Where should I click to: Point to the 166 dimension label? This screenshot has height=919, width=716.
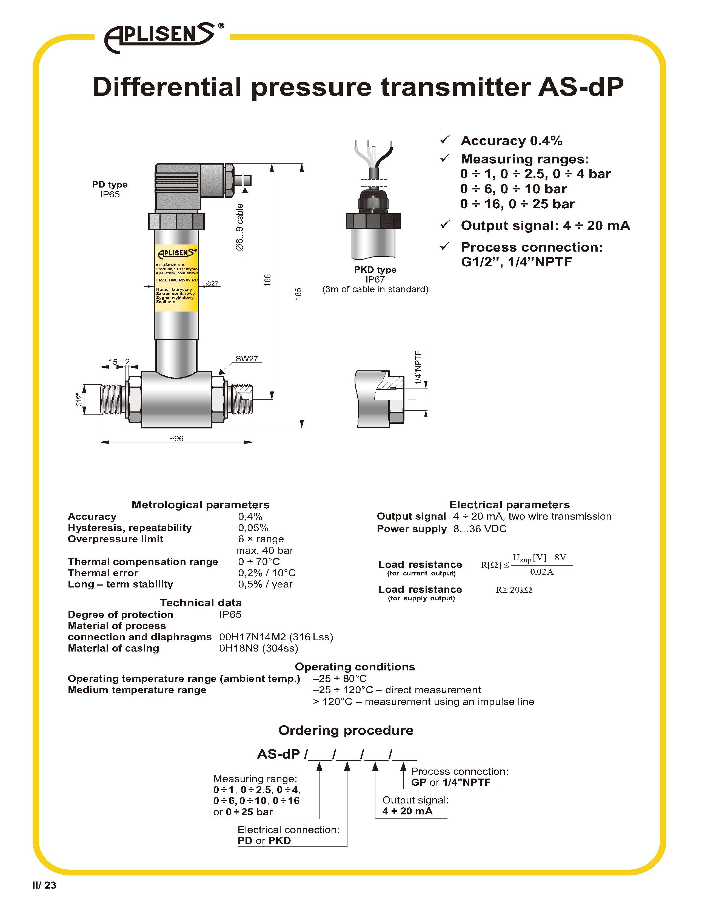[267, 280]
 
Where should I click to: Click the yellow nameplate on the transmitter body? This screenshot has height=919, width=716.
[176, 278]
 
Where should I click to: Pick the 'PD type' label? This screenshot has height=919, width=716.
[110, 184]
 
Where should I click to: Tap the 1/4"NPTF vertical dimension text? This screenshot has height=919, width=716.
[418, 367]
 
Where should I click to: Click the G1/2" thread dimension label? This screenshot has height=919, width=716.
[79, 399]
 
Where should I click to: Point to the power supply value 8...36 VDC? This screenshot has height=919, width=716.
[480, 529]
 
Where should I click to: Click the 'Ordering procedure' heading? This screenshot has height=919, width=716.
[346, 730]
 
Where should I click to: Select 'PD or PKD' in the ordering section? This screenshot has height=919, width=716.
[264, 840]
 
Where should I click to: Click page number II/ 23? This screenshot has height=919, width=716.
[44, 885]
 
